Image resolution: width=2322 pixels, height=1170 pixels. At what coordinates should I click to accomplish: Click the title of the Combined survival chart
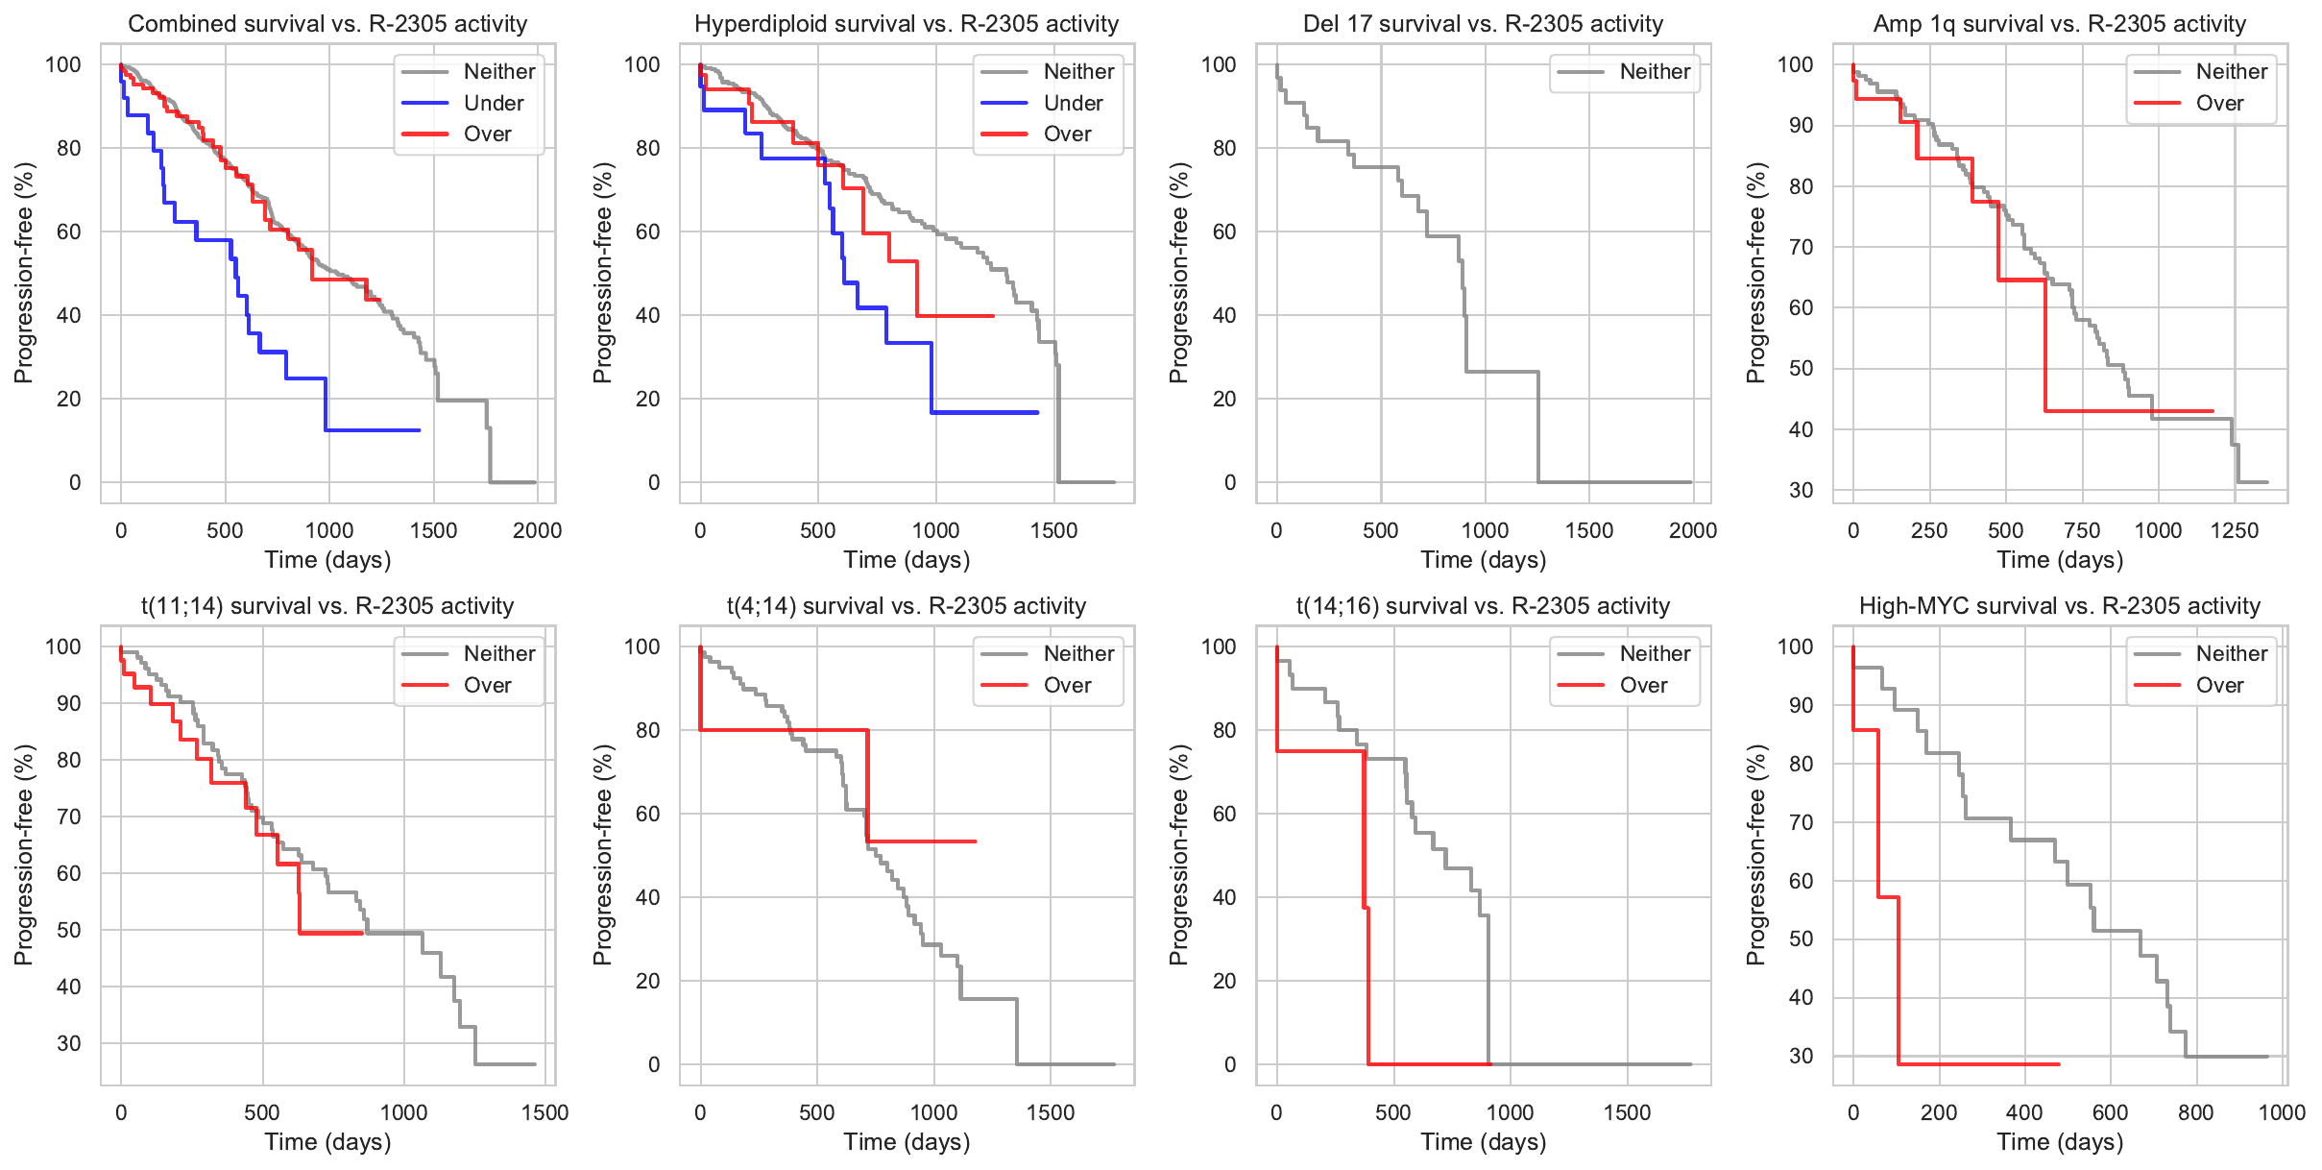point(327,24)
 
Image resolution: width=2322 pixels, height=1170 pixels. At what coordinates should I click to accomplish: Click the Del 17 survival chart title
point(1483,24)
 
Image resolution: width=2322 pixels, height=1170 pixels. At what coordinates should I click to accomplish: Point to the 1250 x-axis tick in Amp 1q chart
point(2235,531)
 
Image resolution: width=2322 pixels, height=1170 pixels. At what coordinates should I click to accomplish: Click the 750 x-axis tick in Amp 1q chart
point(2082,531)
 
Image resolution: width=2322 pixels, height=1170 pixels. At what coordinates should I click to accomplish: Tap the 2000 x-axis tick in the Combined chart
point(537,531)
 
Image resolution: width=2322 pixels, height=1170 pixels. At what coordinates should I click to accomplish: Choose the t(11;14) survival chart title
point(327,606)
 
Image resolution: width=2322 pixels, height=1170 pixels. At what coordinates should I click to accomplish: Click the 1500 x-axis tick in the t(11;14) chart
point(544,1113)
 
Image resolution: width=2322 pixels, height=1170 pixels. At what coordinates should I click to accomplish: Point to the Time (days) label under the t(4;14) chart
point(907,1142)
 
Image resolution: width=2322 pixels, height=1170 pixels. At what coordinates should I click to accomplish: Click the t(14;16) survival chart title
point(1483,606)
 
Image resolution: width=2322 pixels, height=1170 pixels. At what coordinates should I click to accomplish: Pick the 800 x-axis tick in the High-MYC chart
point(2196,1113)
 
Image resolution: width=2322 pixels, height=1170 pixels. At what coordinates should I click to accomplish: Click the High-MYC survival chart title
point(2060,606)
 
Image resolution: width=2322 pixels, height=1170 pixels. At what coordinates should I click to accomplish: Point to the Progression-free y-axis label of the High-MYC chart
point(1756,855)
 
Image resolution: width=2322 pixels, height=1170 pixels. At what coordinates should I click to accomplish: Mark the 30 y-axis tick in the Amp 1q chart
point(1801,491)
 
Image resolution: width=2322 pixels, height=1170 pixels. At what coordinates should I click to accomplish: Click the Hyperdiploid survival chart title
point(907,24)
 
